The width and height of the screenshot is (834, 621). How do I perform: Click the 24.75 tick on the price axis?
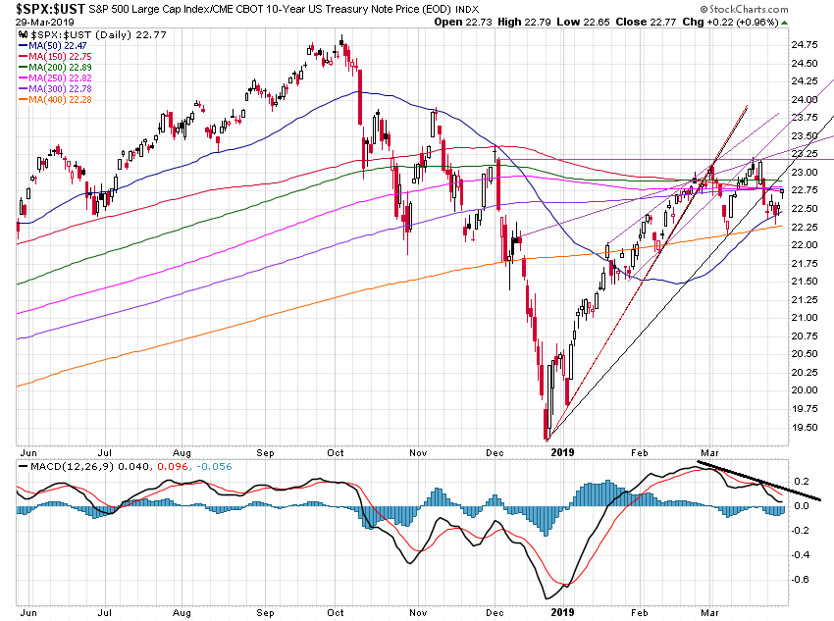pos(806,45)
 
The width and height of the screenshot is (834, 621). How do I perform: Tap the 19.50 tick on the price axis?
pos(806,427)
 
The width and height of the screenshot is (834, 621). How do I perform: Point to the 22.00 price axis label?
pos(806,245)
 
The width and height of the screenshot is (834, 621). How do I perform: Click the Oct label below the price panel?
pos(337,451)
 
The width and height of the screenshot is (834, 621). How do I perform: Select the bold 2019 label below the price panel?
pos(562,451)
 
